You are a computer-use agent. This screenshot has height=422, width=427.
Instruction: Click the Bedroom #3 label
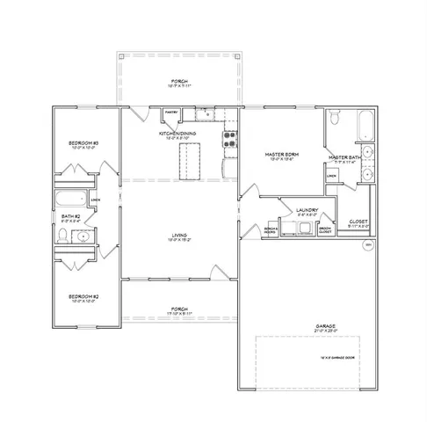(x=83, y=143)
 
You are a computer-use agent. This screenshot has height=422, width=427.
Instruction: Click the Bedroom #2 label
(x=83, y=296)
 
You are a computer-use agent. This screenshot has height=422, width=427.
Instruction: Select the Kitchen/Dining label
(x=177, y=134)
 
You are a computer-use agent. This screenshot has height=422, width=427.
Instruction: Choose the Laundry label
(x=307, y=210)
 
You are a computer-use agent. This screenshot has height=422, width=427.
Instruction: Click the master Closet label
(x=358, y=222)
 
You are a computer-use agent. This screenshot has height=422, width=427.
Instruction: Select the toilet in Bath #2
(x=64, y=236)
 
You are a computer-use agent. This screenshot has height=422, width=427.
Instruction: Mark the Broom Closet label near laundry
(x=325, y=229)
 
